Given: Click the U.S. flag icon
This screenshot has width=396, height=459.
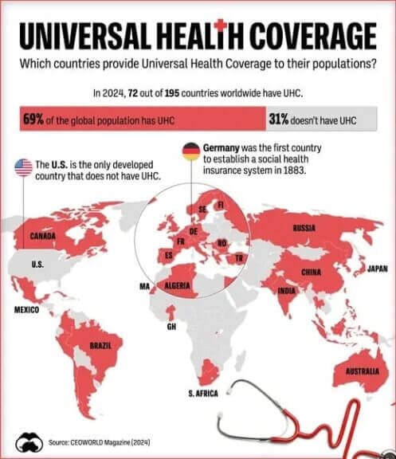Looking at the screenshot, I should coord(23,167).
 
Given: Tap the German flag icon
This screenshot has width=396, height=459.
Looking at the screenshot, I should coord(191,151).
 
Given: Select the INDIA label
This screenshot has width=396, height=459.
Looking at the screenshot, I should coord(286,291).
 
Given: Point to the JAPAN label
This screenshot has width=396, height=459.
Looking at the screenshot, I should coord(377,269).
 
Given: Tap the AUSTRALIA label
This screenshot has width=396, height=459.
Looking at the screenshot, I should coord(361,371).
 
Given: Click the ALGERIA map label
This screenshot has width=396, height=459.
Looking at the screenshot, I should coord(175,285).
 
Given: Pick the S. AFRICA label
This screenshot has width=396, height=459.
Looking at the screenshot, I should coord(202,394).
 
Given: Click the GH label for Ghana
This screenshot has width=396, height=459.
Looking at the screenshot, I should coord(171,327).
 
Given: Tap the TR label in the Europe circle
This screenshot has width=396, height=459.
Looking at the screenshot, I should coord(238,259).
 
